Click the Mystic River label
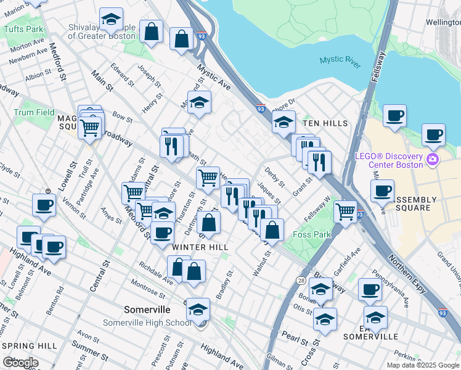pos(340,60)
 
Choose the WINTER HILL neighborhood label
pos(200,247)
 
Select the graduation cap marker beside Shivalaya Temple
pos(111,20)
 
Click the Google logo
pos(20,363)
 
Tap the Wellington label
pos(443,22)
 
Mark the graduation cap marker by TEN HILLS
pos(284,122)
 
